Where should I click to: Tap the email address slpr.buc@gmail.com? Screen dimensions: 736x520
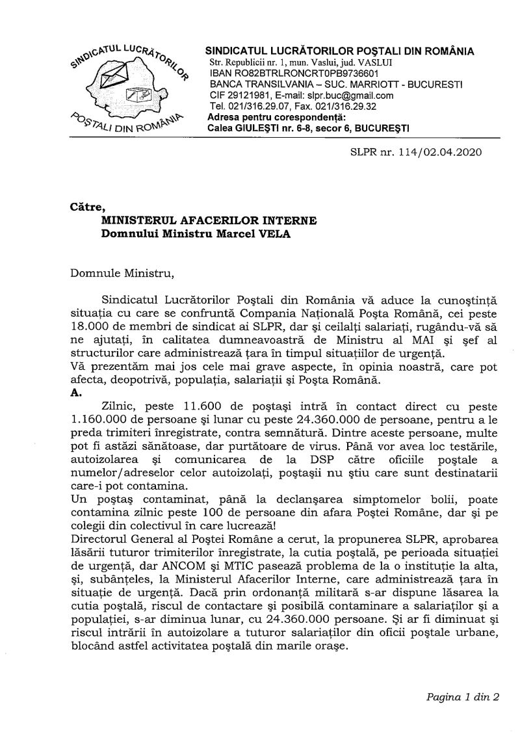pyautogui.click(x=361, y=95)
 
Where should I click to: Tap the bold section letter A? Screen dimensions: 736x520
pyautogui.click(x=74, y=393)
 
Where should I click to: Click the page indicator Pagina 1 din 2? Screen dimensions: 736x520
pyautogui.click(x=462, y=697)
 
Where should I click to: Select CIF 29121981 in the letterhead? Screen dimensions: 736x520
pyautogui.click(x=237, y=95)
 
